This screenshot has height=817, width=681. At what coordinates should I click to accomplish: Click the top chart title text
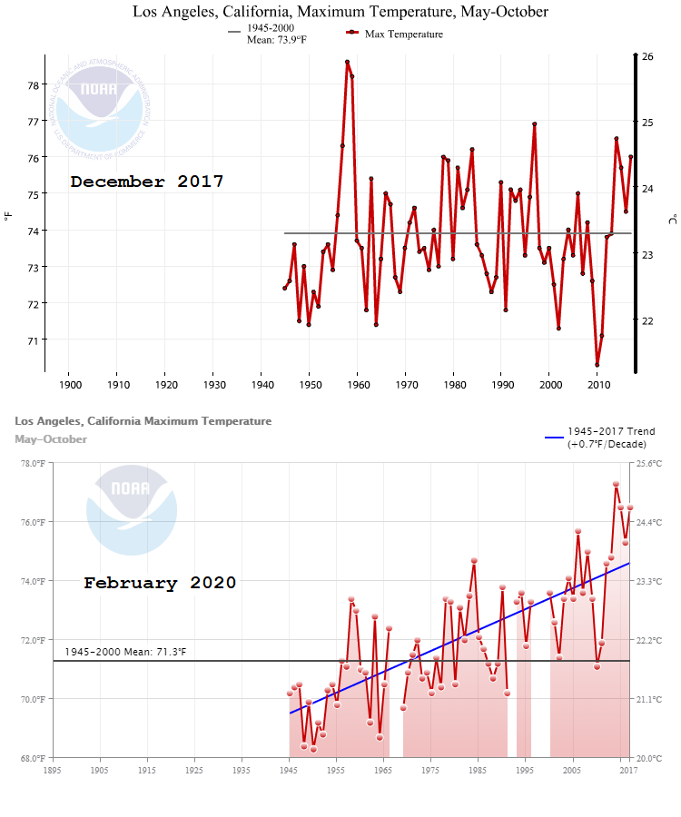click(340, 12)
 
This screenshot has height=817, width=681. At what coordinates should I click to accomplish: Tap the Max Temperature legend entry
click(395, 34)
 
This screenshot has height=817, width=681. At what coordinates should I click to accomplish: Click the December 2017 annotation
click(147, 182)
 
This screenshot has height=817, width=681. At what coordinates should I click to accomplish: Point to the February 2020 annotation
click(160, 583)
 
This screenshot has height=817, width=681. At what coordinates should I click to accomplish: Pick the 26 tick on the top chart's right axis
click(647, 56)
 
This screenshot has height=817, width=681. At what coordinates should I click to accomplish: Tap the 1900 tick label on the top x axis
click(70, 384)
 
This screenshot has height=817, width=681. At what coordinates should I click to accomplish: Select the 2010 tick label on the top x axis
click(599, 384)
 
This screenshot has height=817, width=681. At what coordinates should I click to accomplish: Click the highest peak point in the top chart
click(347, 62)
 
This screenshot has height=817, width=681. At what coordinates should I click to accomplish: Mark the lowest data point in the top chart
click(597, 365)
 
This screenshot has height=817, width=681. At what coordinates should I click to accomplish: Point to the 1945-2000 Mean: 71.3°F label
click(125, 652)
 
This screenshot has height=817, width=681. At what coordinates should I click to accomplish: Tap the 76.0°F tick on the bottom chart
click(32, 522)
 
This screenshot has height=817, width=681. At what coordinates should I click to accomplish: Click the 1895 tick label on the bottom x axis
click(53, 771)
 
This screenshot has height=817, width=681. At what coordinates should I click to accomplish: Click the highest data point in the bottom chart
click(616, 485)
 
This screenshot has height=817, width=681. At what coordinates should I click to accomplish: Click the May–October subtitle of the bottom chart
click(51, 439)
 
